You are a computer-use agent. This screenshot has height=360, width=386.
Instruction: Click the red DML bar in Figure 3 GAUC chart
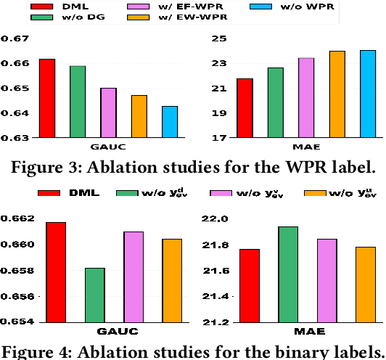pos(47,98)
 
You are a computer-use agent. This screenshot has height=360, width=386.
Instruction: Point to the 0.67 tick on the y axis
pos(16,38)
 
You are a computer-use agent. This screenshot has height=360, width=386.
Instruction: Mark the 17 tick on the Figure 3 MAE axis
pos(219,138)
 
